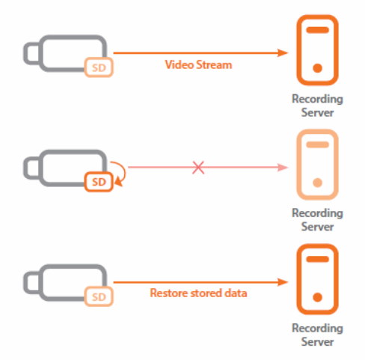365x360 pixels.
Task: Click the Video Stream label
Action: [x=198, y=65]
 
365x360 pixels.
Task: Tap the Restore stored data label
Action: [x=198, y=293]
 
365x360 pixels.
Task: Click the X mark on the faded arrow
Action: [x=198, y=168]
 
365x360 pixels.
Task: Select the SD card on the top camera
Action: [x=99, y=67]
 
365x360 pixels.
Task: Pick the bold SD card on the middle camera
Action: [x=99, y=182]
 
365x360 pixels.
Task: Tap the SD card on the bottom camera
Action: [x=99, y=296]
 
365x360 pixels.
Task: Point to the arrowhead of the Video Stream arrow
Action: [x=283, y=53]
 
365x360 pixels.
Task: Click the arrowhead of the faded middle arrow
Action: [x=283, y=168]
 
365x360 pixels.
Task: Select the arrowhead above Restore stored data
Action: [x=283, y=282]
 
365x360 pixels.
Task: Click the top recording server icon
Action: [x=317, y=50]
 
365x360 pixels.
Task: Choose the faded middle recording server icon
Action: [x=317, y=165]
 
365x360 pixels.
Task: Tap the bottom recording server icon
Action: [x=317, y=279]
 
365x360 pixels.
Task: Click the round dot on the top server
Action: [x=317, y=68]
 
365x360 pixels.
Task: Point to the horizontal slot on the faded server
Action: [x=317, y=144]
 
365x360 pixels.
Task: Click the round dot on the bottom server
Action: [x=317, y=297]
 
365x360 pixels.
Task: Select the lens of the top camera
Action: [x=32, y=53]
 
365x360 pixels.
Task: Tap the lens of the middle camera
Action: [x=32, y=168]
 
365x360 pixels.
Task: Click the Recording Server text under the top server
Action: [x=317, y=106]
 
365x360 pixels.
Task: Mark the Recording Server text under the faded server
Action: [x=317, y=220]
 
